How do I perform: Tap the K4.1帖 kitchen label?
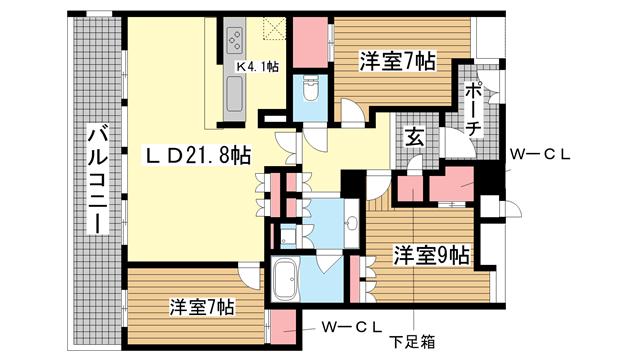[x=258, y=66]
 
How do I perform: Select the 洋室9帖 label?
[x=431, y=255]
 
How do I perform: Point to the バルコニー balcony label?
[x=98, y=180]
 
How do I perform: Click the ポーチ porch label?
[x=473, y=109]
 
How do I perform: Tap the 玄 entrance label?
[x=414, y=137]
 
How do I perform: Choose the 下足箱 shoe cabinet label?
[x=412, y=341]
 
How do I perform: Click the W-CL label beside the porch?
[x=540, y=155]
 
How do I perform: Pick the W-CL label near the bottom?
[x=352, y=327]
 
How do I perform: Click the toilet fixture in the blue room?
[x=311, y=89]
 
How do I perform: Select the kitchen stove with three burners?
[x=234, y=39]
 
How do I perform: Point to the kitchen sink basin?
[x=234, y=94]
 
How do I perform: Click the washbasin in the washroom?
[x=351, y=223]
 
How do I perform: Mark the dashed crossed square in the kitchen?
[x=275, y=28]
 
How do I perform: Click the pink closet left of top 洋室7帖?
[x=311, y=42]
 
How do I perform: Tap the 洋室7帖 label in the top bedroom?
[x=397, y=61]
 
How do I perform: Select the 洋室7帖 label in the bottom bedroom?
[x=202, y=307]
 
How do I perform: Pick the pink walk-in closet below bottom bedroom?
[x=283, y=327]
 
